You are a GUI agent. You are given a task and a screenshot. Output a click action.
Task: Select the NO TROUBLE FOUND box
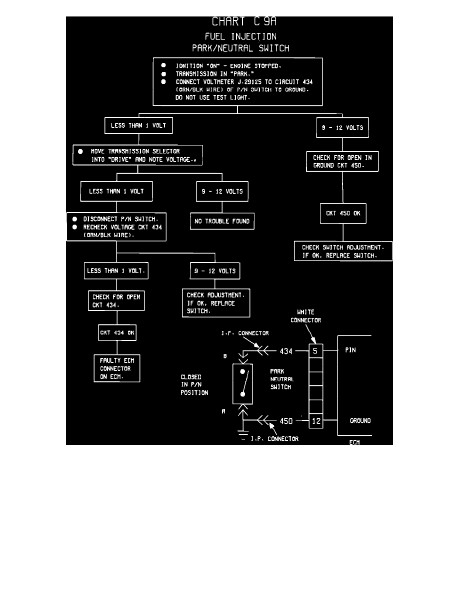coord(222,221)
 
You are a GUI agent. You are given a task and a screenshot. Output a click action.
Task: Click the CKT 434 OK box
coord(117,333)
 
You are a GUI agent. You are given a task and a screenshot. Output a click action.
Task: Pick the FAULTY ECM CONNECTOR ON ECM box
coord(117,368)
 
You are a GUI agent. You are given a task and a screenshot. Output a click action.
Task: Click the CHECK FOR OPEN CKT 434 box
coord(116,301)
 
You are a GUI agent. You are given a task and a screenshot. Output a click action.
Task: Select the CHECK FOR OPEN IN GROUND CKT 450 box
coord(342,162)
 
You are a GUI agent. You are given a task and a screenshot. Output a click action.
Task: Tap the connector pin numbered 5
coord(315,351)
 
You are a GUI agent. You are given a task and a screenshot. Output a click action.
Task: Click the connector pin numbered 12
coord(315,421)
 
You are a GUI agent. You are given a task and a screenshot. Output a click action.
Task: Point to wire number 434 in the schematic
coord(285,351)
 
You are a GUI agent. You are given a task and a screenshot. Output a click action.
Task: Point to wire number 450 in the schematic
coord(285,421)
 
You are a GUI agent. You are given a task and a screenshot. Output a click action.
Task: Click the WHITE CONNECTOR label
coord(305,316)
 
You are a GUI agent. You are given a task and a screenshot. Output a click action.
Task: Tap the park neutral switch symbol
coord(242,383)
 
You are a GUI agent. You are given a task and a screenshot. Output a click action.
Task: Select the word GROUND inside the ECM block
coord(360,421)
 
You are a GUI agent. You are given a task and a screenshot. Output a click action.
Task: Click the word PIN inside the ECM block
coord(351,351)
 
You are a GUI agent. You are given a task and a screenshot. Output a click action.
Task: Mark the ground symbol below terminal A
coord(242,433)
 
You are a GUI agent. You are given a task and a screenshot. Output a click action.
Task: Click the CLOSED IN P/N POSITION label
coord(194,385)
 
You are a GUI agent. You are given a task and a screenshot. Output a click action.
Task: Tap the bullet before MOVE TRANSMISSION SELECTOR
coord(80,151)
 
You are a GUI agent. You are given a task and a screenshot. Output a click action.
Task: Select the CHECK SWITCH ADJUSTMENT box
coord(343,251)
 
